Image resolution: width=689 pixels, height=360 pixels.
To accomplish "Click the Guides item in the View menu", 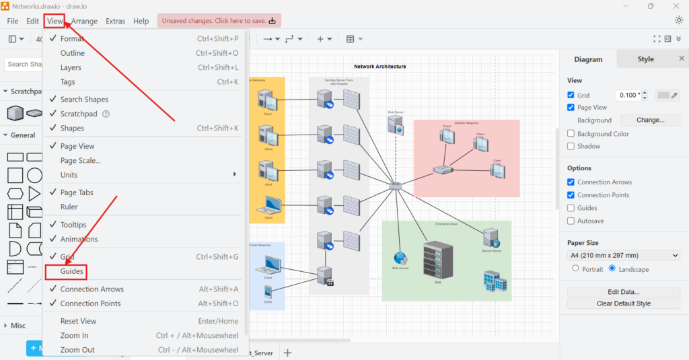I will pos(72,271).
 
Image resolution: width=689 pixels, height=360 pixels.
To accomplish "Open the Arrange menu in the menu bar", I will pos(85,21).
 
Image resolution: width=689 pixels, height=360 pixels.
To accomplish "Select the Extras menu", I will pos(115,21).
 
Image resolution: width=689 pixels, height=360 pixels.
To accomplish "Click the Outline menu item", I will pos(73,53).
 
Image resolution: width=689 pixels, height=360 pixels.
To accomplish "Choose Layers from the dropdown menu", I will pos(71,67).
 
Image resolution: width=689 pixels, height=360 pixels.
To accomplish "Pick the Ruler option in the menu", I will pos(69,207).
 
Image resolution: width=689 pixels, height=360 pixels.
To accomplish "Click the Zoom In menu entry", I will pos(74,335).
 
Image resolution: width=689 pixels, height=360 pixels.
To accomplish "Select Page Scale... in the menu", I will pos(80,160).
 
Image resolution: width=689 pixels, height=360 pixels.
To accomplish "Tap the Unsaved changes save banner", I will pos(219,21).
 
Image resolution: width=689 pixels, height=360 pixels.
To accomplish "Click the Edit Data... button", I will pos(624,292).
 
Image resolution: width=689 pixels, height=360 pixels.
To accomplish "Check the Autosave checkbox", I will pos(571,221).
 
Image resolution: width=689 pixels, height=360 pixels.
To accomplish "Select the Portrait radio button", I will pos(575,269).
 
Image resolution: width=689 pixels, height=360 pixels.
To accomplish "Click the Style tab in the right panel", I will pos(645,59).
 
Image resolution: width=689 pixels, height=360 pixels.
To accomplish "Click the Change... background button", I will pos(650,120).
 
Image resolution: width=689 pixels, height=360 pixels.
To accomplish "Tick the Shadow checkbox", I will pos(571,146).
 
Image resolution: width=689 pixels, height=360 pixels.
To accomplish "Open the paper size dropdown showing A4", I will pos(624,256).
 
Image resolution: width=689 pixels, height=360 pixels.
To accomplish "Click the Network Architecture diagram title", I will pos(380,67).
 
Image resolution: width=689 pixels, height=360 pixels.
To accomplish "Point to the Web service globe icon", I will pos(400,258).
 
